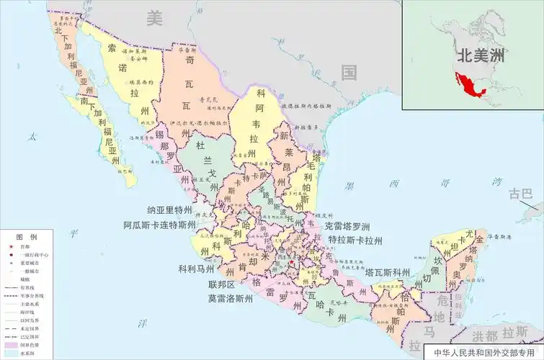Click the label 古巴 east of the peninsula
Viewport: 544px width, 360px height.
coord(520,194)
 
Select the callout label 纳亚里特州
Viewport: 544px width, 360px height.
coord(170,210)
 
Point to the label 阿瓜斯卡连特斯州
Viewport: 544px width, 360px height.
coord(159,225)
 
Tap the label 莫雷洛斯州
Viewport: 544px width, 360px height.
coord(230,297)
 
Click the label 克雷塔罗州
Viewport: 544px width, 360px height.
coord(355,225)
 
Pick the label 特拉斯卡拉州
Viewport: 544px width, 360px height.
coord(355,240)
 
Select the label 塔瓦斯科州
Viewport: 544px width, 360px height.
coord(388,273)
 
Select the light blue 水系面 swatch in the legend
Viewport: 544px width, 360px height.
coord(9,354)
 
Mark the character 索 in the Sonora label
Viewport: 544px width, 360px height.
coord(112,48)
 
